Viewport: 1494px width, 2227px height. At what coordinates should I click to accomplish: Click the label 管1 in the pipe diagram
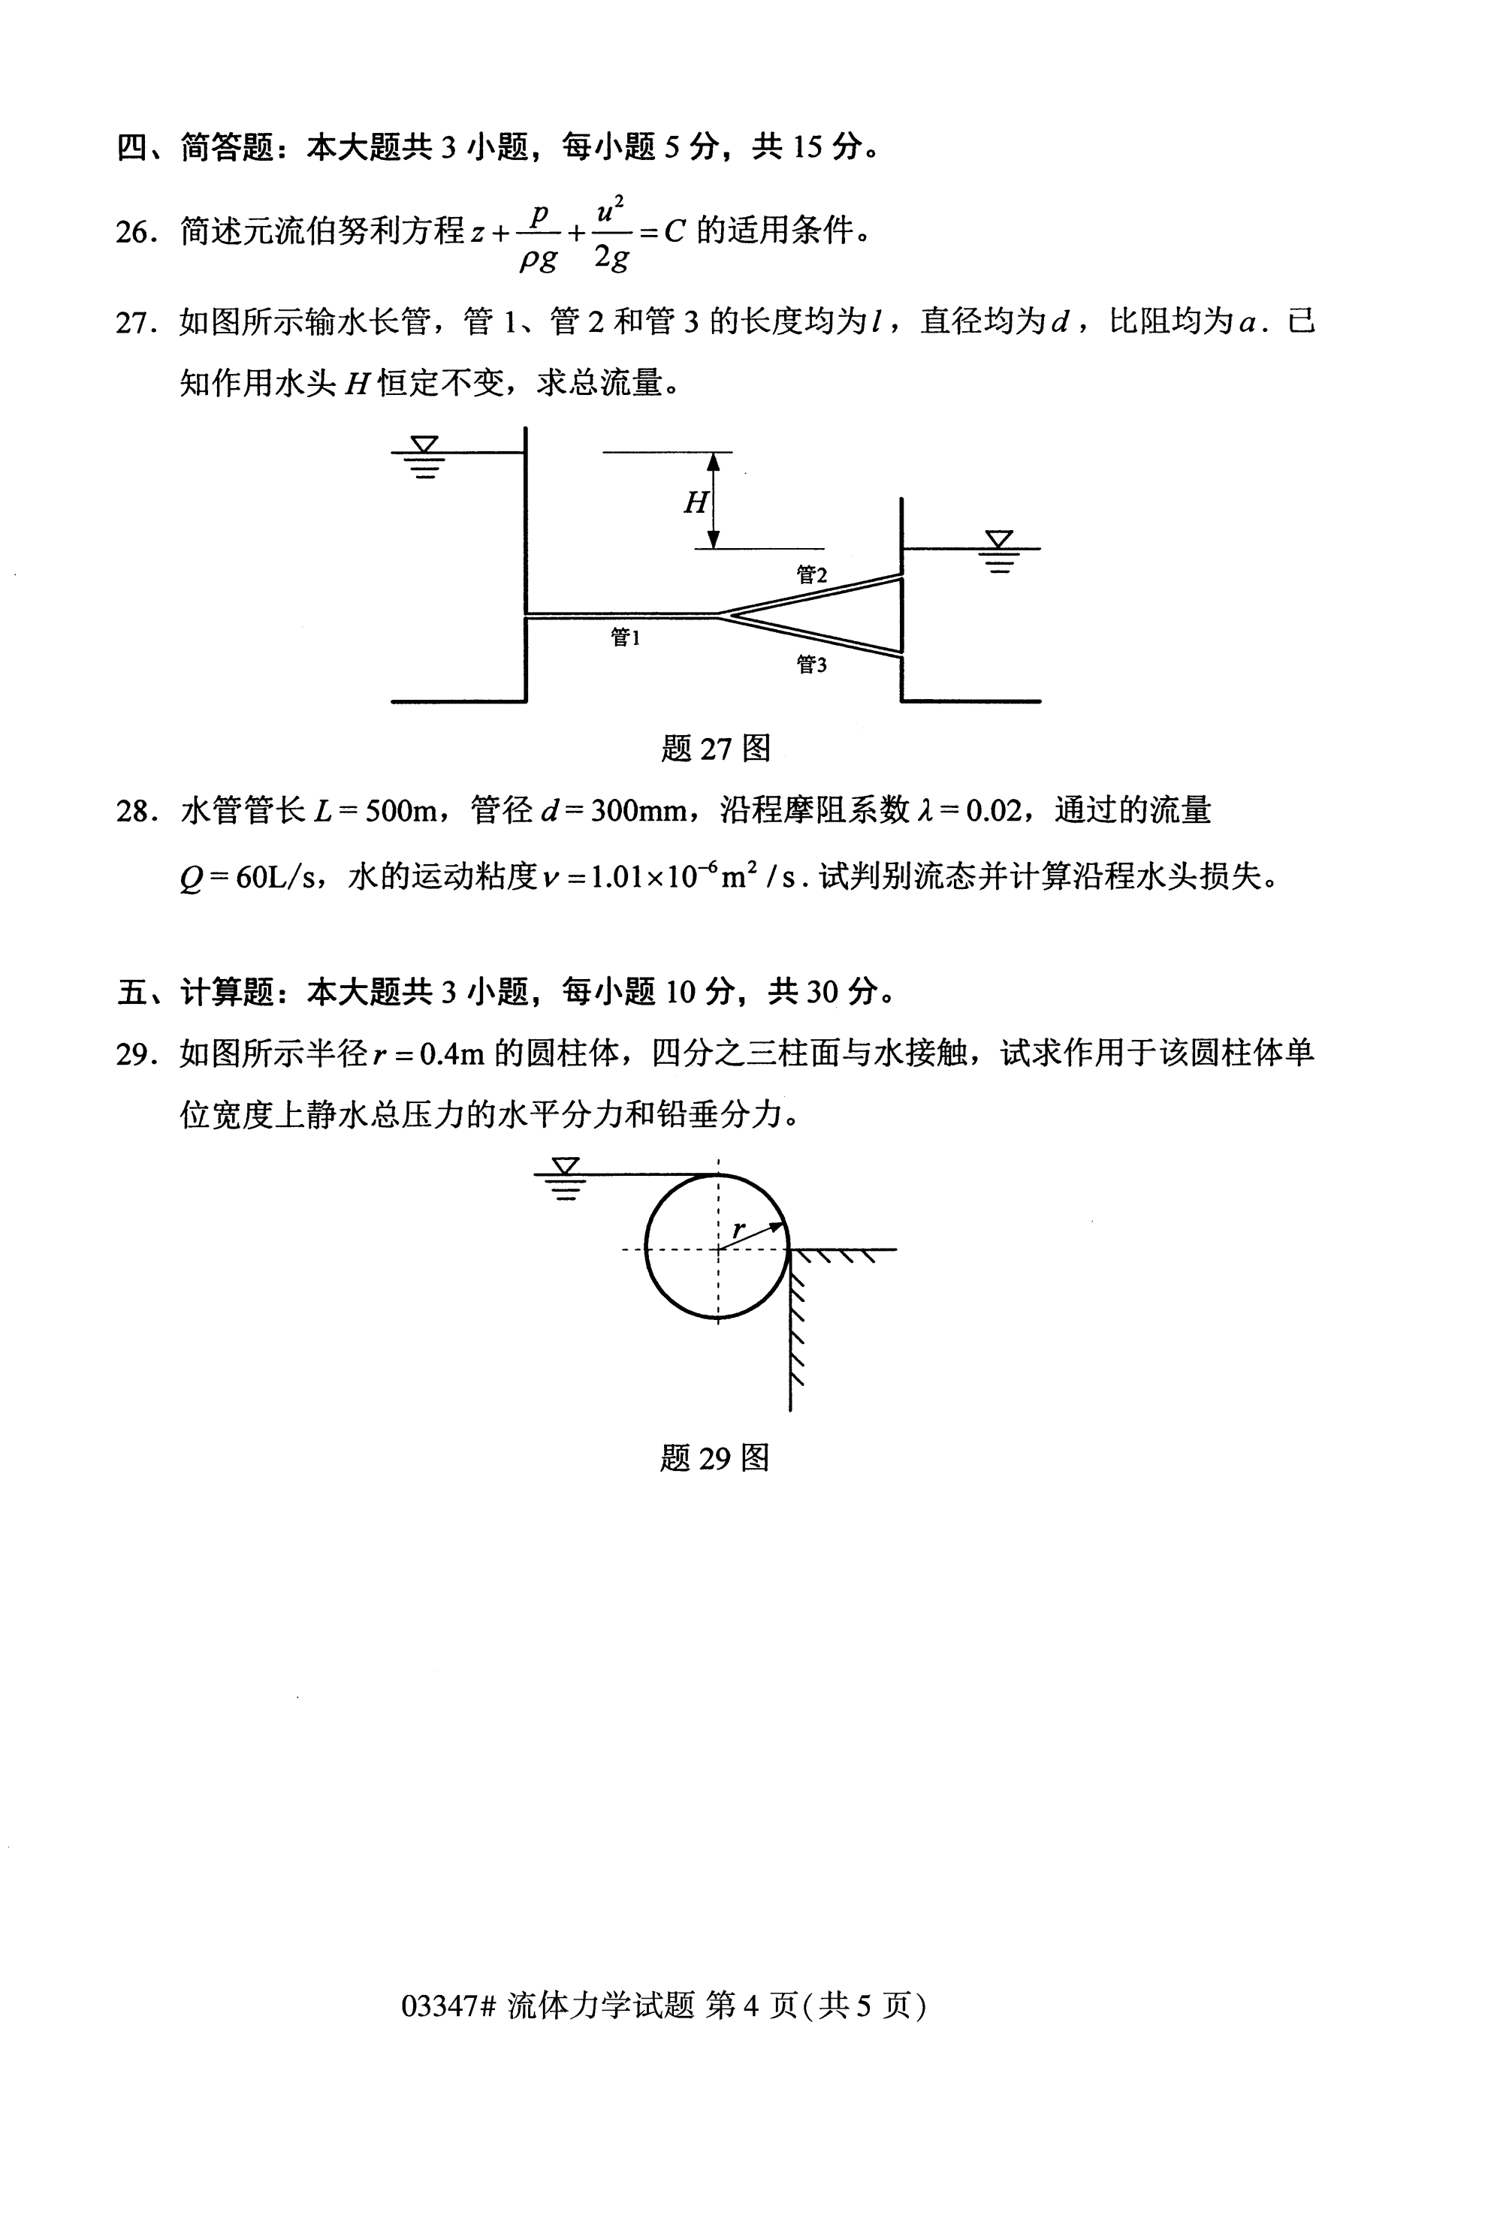[625, 637]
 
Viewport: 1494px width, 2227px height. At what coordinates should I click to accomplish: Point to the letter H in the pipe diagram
[696, 502]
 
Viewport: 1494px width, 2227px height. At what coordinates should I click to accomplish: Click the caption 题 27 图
[714, 749]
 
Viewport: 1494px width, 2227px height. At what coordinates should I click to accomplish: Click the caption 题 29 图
[714, 1458]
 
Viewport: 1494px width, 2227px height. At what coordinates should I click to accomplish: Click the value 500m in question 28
[400, 812]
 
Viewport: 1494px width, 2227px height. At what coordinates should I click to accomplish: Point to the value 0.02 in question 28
[993, 812]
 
